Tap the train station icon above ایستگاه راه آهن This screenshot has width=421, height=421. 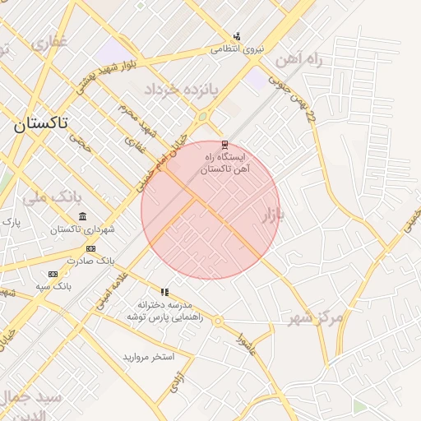point(224,145)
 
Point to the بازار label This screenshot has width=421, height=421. point(272,215)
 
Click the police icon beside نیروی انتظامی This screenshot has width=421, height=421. point(237,36)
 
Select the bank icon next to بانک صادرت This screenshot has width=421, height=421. point(90,248)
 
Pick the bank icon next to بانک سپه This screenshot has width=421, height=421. point(53,274)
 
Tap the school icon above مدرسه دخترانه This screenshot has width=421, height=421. point(164,292)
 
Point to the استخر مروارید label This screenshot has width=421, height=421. point(149,357)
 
